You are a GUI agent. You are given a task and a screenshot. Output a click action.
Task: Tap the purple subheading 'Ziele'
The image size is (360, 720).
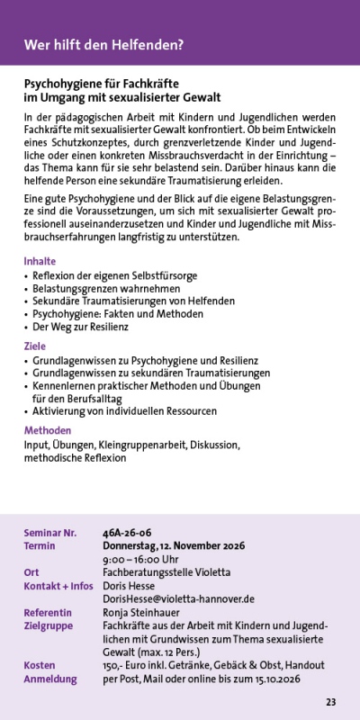(34, 346)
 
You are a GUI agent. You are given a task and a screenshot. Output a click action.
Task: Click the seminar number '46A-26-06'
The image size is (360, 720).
(127, 533)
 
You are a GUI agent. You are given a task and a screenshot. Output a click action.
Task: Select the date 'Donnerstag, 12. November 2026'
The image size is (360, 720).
(174, 545)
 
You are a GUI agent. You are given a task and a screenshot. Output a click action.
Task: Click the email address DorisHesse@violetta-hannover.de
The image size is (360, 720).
(178, 598)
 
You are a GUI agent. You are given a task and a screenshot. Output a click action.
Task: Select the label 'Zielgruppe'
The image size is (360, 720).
(49, 625)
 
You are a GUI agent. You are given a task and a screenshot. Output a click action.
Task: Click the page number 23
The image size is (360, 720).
(330, 702)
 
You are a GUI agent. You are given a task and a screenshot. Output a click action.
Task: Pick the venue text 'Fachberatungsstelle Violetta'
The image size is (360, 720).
(166, 572)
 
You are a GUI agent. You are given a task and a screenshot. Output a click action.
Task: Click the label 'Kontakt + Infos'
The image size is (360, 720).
(58, 586)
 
